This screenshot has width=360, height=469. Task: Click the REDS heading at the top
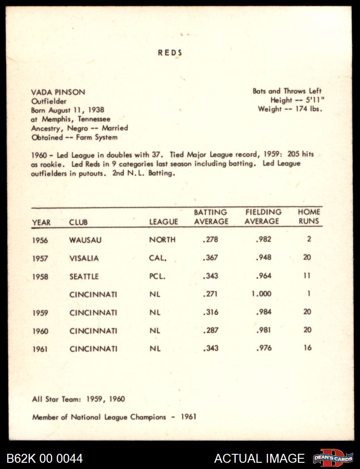pyautogui.click(x=170, y=53)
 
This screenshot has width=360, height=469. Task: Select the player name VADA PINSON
pyautogui.click(x=58, y=92)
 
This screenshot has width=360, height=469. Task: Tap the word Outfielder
pyautogui.click(x=49, y=101)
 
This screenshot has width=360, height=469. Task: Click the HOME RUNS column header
pyautogui.click(x=309, y=217)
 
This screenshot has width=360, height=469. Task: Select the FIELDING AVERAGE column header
pyautogui.click(x=263, y=217)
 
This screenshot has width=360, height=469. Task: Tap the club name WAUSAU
pyautogui.click(x=85, y=240)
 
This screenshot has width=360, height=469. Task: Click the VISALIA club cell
pyautogui.click(x=84, y=258)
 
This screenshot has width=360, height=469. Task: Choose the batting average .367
pyautogui.click(x=210, y=258)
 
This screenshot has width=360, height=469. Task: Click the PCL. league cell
pyautogui.click(x=157, y=276)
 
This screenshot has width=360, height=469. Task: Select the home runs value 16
pyautogui.click(x=307, y=348)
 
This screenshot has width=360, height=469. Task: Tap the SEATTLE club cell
pyautogui.click(x=84, y=276)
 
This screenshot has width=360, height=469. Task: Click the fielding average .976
pyautogui.click(x=264, y=348)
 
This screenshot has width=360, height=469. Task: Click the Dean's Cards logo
pyautogui.click(x=333, y=458)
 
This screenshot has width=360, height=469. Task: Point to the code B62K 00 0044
pyautogui.click(x=45, y=458)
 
